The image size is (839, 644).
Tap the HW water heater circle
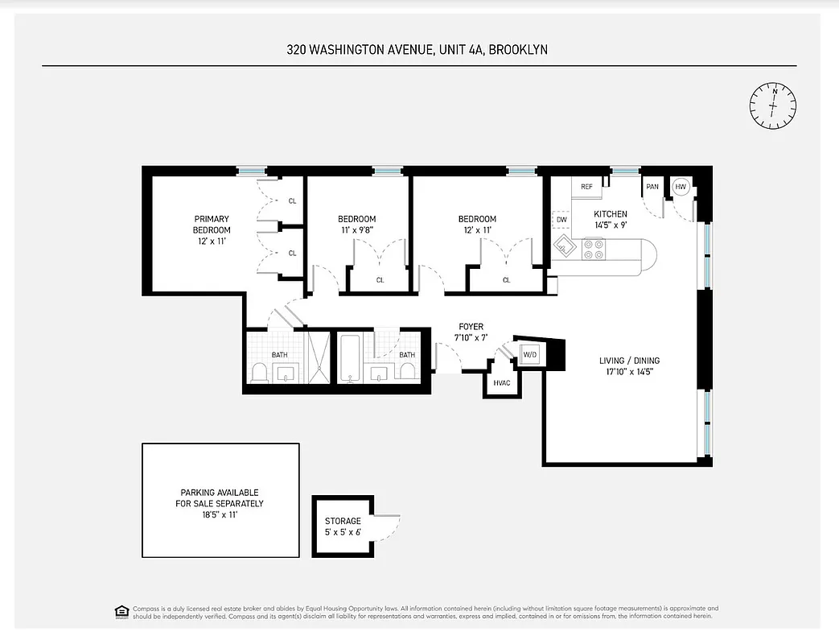pos(681,187)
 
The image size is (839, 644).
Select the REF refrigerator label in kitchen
pos(586,187)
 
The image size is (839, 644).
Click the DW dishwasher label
pos(561,219)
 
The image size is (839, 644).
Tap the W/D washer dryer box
pos(529,354)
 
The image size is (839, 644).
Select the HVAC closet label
pos(502,382)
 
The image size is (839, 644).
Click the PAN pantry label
pos(652,187)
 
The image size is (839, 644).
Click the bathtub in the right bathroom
pos(349,358)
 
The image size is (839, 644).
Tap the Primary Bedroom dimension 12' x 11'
pos(211,241)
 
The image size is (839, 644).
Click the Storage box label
pos(343,521)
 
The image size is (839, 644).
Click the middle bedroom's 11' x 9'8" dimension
pos(356,229)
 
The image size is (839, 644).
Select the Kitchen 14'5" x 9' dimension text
pos(610,225)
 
